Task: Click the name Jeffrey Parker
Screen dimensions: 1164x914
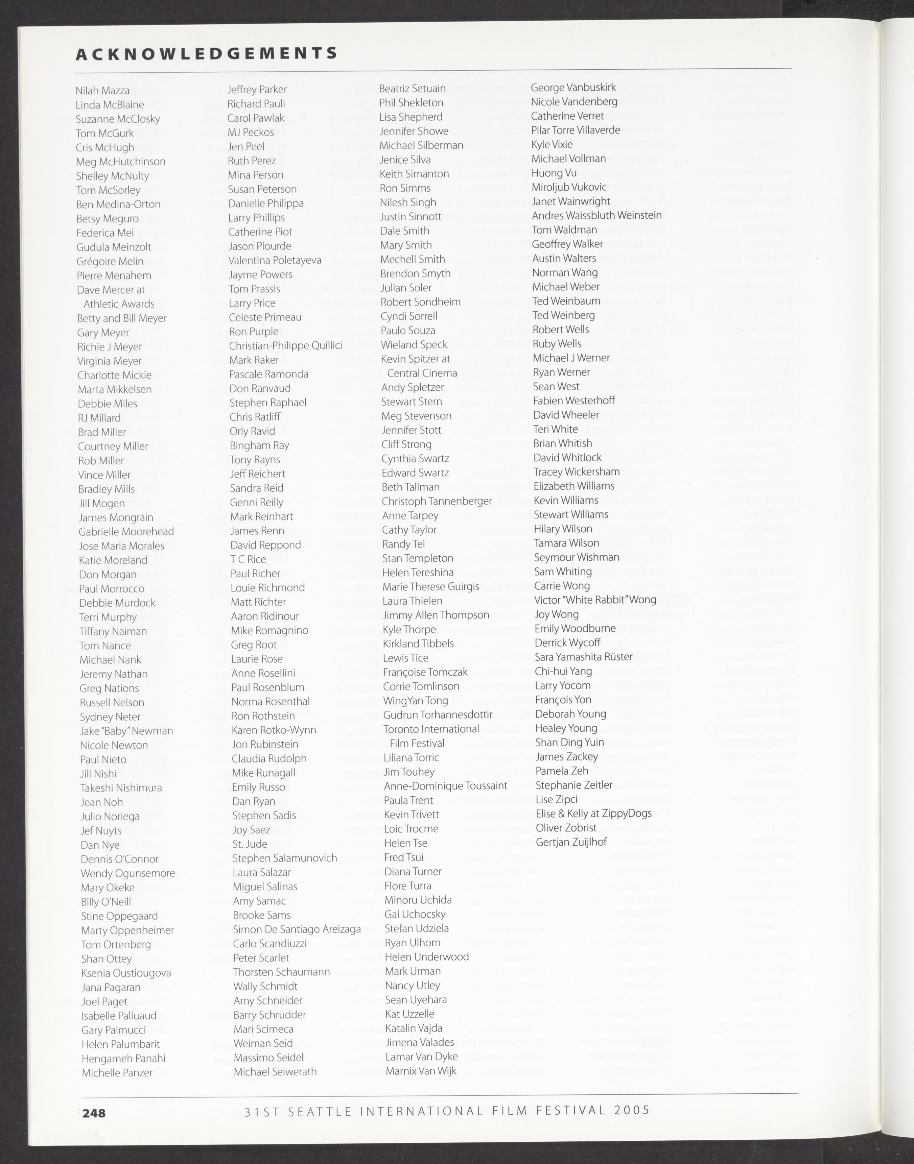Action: click(257, 89)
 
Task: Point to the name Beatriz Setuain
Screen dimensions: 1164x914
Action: click(412, 88)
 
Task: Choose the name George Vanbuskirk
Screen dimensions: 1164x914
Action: click(573, 87)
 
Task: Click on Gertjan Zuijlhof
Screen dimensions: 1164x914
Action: click(571, 842)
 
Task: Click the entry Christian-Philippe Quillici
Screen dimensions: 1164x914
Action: click(285, 345)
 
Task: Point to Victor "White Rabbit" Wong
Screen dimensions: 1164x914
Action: click(595, 600)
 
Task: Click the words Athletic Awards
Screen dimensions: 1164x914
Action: click(119, 304)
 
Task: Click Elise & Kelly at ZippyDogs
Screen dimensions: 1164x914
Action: click(593, 814)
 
